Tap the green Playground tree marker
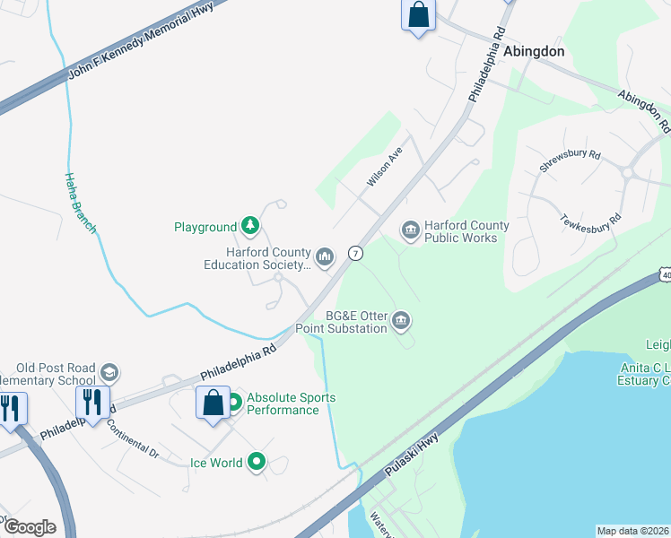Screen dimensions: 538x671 [252, 227]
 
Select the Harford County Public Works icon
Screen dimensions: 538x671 [411, 231]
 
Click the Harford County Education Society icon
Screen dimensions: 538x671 [325, 258]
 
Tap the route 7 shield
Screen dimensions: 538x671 [356, 254]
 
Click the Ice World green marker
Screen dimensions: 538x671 [257, 463]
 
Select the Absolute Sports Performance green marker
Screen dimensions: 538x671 [234, 403]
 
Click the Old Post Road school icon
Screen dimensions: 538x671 [109, 372]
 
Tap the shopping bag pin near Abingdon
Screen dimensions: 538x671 [418, 15]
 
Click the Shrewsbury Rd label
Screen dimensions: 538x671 [570, 161]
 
